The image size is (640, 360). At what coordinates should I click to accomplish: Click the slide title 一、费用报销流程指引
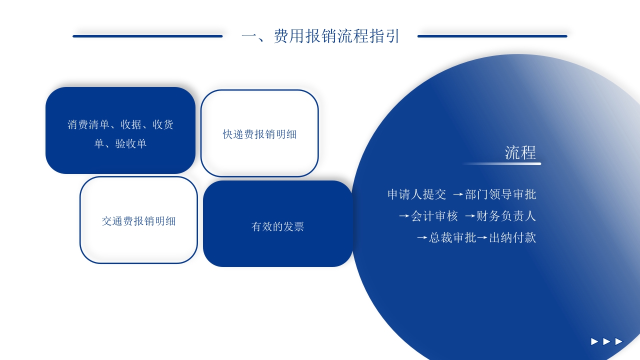pyautogui.click(x=320, y=36)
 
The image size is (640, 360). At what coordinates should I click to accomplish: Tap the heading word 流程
pyautogui.click(x=520, y=152)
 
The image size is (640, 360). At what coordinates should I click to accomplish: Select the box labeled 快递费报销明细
pyautogui.click(x=259, y=133)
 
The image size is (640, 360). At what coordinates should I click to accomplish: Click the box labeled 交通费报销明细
pyautogui.click(x=138, y=220)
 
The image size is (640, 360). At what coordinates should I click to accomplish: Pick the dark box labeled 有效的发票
pyautogui.click(x=277, y=226)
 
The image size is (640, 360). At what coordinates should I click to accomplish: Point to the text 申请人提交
pyautogui.click(x=416, y=194)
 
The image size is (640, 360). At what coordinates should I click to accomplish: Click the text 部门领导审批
pyautogui.click(x=500, y=194)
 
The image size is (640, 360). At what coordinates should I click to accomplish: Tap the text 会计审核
pyautogui.click(x=434, y=216)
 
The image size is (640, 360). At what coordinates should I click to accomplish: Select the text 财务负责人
pyautogui.click(x=506, y=216)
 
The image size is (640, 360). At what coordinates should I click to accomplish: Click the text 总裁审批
pyautogui.click(x=452, y=237)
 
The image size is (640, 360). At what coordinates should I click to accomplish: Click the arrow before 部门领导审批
pyautogui.click(x=458, y=194)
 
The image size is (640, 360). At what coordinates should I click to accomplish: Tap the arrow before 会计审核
pyautogui.click(x=404, y=216)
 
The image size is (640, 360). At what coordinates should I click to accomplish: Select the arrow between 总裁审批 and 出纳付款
pyautogui.click(x=482, y=238)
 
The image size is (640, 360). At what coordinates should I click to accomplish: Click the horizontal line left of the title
pyautogui.click(x=147, y=36)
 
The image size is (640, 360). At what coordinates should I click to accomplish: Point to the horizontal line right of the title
pyautogui.click(x=492, y=36)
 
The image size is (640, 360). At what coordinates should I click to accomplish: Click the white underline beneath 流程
pyautogui.click(x=501, y=163)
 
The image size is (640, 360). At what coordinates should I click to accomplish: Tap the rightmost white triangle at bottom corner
pyautogui.click(x=619, y=341)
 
